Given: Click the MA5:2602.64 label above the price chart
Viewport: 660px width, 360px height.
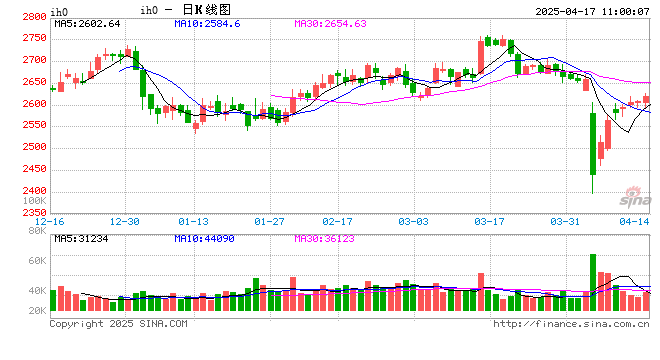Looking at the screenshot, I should (x=87, y=23).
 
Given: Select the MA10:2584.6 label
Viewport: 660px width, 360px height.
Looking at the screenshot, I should (x=206, y=23).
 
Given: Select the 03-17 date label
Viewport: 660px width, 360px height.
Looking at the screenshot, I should (x=488, y=221).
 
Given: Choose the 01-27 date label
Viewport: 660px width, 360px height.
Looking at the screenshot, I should (x=270, y=221).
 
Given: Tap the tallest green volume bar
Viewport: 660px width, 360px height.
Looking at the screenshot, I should (x=593, y=285).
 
